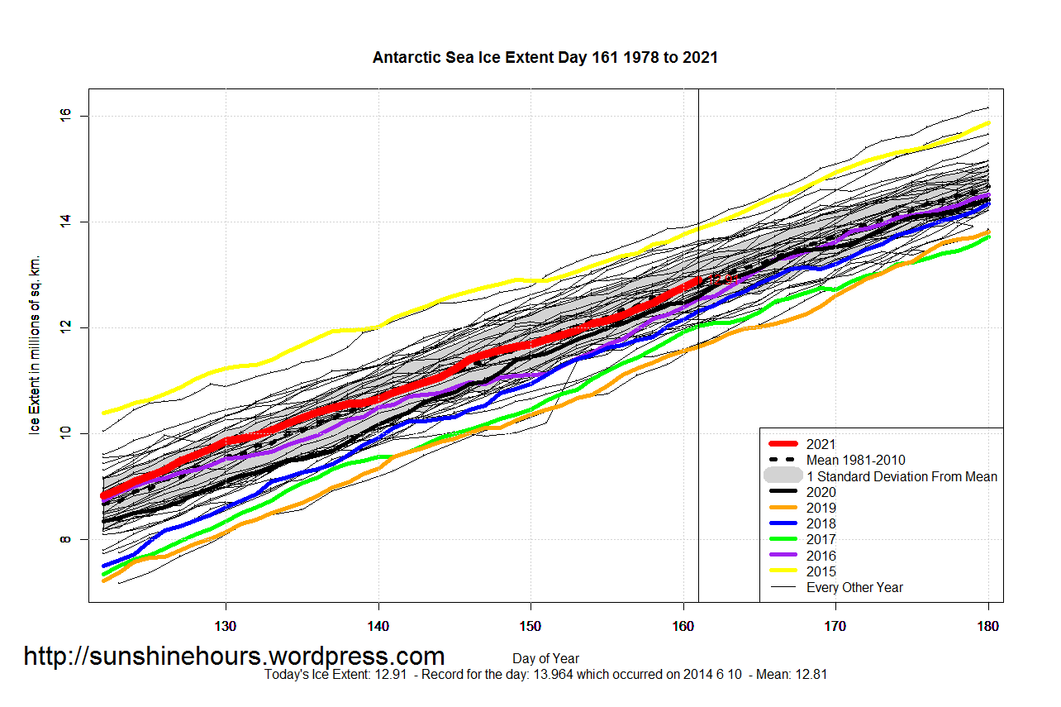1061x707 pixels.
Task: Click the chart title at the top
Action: pos(545,58)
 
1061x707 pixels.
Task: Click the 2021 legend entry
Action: pos(822,444)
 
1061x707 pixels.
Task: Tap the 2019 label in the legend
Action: pos(822,508)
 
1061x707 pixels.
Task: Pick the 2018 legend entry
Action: pos(822,523)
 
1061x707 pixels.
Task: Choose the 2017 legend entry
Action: pos(822,540)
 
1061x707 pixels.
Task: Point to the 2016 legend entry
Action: pos(822,556)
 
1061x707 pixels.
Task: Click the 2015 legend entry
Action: pos(822,571)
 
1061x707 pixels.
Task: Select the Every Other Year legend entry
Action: pos(854,587)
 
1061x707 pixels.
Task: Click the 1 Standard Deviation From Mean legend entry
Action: pos(902,476)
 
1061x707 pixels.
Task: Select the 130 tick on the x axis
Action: pos(226,626)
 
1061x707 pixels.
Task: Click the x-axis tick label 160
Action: pos(683,626)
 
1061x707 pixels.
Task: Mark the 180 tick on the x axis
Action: pos(988,626)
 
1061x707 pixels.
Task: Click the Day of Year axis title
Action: pos(545,659)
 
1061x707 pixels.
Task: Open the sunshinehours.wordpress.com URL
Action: pos(234,657)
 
